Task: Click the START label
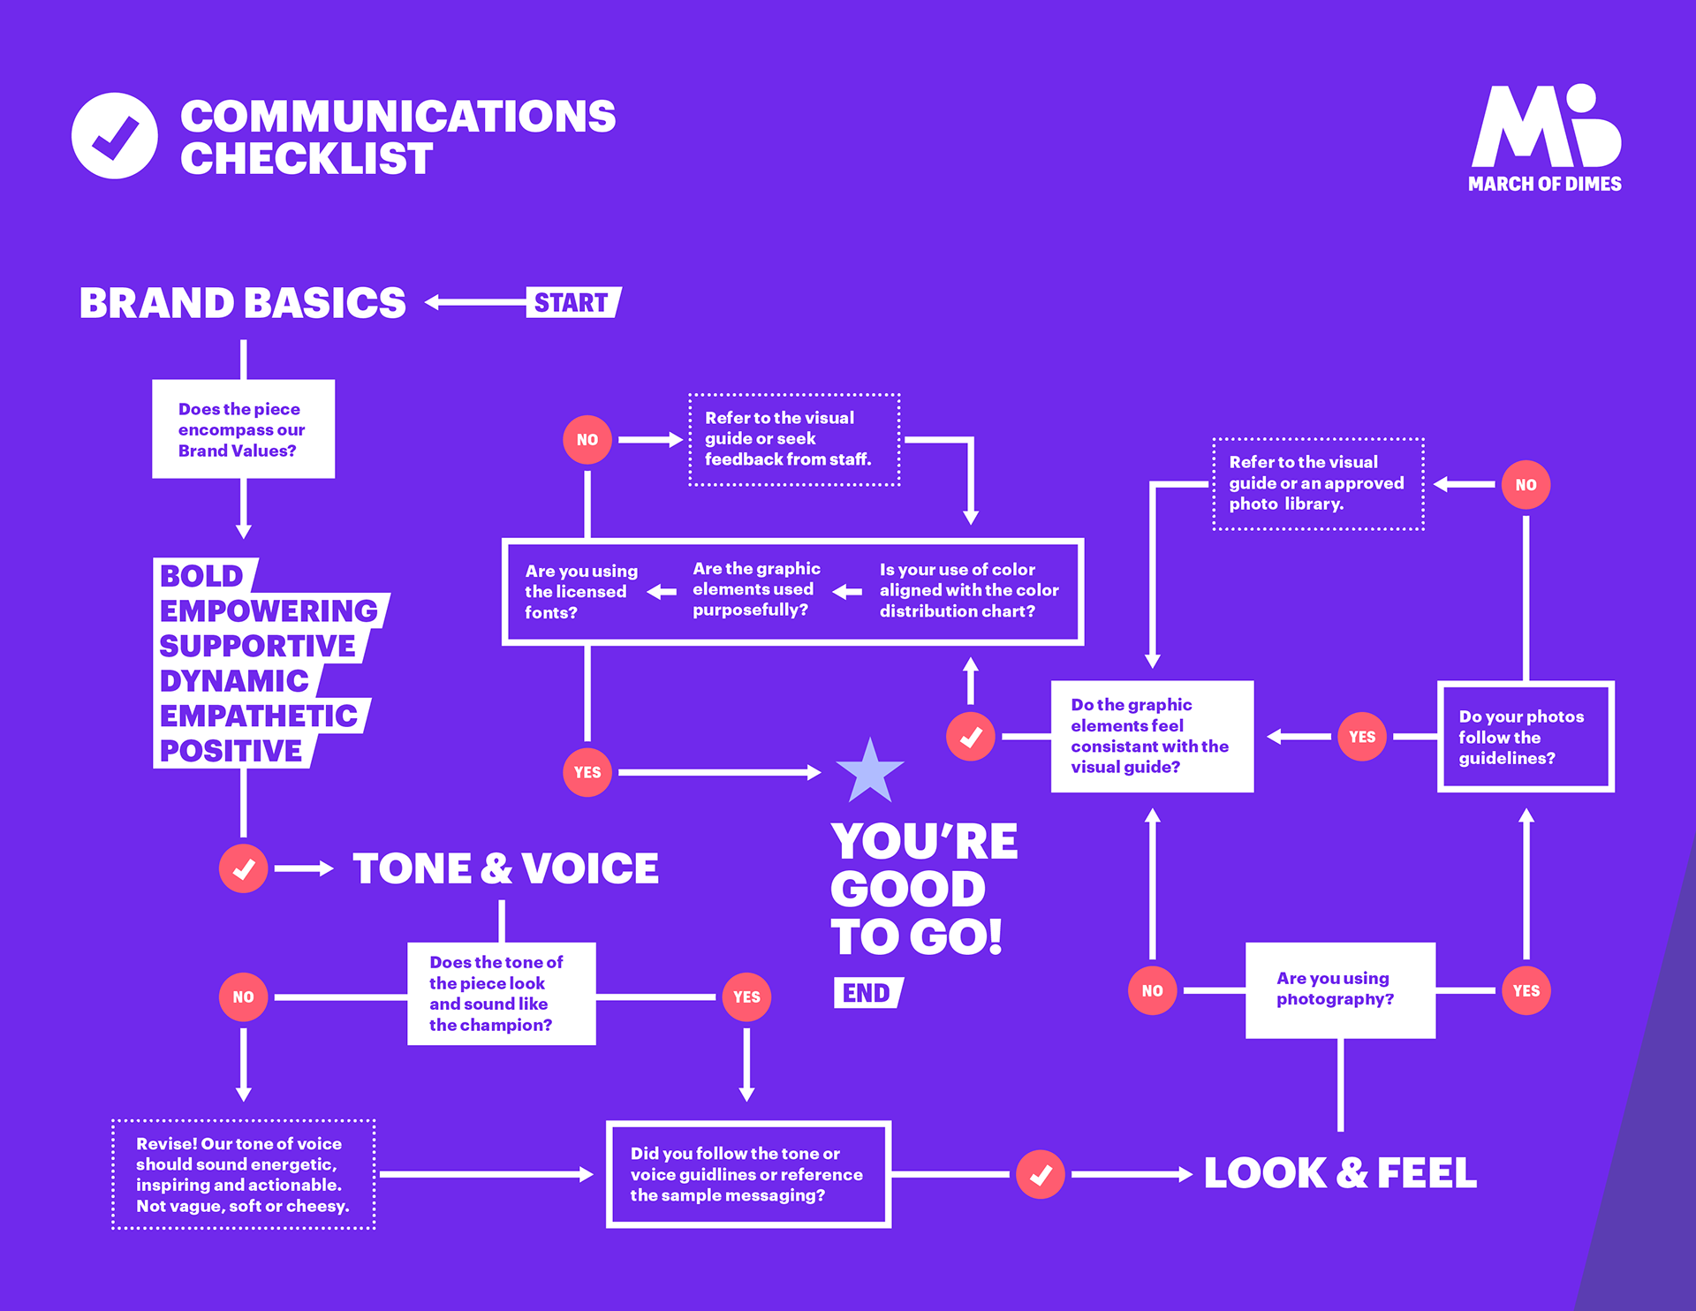click(574, 302)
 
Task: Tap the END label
click(868, 993)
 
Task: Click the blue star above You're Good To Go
click(870, 771)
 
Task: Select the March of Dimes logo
click(1546, 139)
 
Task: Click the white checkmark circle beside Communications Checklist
click(115, 136)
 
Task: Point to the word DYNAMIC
click(235, 680)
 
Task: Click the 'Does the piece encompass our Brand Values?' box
click(243, 429)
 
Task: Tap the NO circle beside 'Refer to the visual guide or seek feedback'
click(587, 439)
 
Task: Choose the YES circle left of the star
click(587, 772)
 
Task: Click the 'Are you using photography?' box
click(1340, 990)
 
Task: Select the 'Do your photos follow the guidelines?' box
click(1526, 737)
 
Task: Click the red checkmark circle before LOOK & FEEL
click(1041, 1174)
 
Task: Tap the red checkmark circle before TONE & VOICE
click(243, 868)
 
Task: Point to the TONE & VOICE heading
click(505, 868)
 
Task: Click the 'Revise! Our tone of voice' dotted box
click(244, 1174)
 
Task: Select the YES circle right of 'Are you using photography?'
click(1526, 990)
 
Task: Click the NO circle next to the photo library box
click(1526, 484)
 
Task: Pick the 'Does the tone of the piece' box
click(502, 994)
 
